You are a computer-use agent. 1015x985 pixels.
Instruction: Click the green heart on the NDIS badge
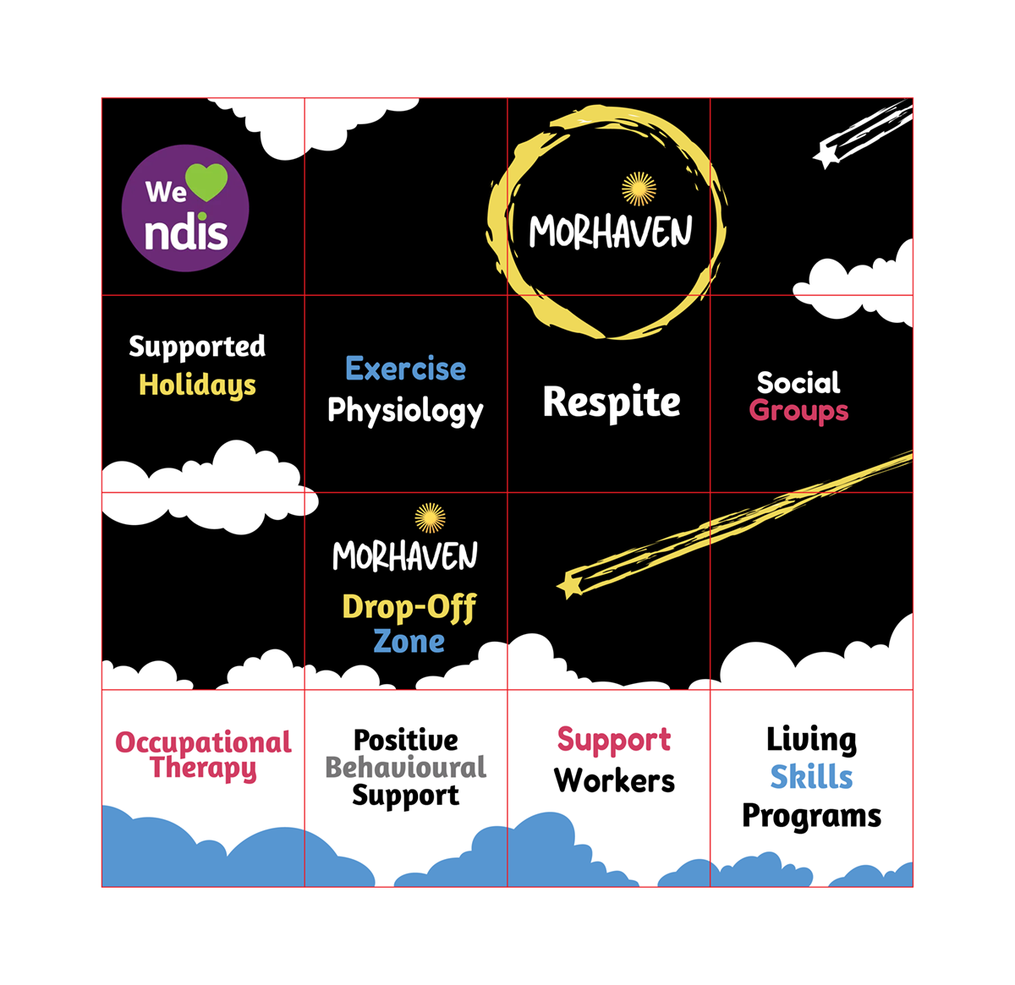point(206,181)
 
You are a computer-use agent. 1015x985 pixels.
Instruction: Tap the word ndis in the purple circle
point(186,234)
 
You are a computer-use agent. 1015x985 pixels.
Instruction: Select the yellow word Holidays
point(197,386)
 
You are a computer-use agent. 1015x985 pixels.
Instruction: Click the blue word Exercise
point(406,369)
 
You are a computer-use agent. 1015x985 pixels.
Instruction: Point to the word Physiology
point(405,411)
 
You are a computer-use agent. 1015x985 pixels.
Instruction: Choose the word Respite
point(612,402)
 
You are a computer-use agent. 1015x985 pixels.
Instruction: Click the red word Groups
point(798,411)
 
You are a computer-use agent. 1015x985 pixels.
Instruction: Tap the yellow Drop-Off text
point(409,607)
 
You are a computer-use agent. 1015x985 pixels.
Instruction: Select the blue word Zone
point(409,642)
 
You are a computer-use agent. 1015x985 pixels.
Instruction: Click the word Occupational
point(203,742)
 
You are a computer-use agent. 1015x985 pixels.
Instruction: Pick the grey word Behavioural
point(406,767)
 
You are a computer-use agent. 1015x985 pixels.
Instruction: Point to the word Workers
point(615,780)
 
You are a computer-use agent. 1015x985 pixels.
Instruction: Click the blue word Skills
point(811,776)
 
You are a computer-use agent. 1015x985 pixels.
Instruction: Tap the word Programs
point(811,816)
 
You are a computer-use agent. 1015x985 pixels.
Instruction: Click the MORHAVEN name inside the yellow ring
point(611,231)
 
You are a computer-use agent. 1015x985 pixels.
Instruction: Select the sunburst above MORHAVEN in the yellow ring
point(639,189)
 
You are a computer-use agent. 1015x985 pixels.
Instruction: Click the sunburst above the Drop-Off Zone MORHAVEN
point(430,518)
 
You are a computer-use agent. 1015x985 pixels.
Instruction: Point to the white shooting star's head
point(825,156)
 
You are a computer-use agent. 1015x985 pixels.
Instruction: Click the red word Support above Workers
point(614,740)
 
